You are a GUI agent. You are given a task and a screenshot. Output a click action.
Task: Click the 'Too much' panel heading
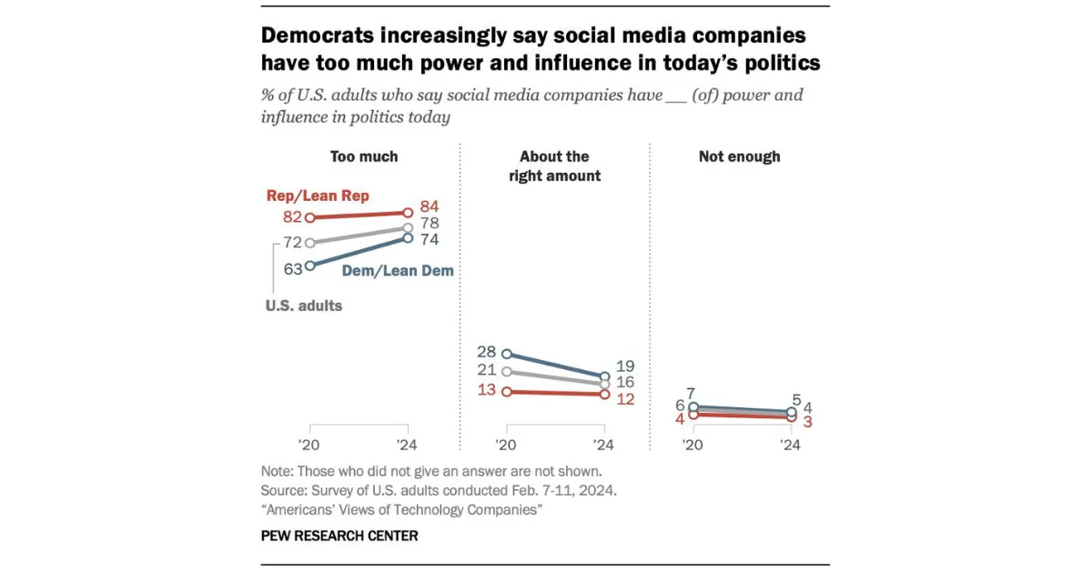pyautogui.click(x=364, y=156)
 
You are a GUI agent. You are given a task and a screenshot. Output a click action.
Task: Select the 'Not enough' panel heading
pyautogui.click(x=739, y=156)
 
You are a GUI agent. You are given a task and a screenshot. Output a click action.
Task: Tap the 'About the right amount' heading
pyautogui.click(x=554, y=165)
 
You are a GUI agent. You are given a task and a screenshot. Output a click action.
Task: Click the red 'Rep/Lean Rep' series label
pyautogui.click(x=318, y=195)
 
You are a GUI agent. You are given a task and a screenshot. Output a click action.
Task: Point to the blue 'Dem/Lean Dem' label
pyautogui.click(x=398, y=270)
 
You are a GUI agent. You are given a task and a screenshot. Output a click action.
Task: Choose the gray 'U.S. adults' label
pyautogui.click(x=304, y=306)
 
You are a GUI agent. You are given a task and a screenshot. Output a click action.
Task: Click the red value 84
pyautogui.click(x=429, y=206)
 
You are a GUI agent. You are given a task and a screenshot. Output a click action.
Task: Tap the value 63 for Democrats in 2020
pyautogui.click(x=293, y=268)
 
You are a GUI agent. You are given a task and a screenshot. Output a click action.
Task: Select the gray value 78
pyautogui.click(x=429, y=223)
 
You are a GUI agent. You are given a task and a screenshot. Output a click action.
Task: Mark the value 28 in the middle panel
pyautogui.click(x=487, y=351)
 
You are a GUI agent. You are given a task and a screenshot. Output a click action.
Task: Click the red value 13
pyautogui.click(x=487, y=390)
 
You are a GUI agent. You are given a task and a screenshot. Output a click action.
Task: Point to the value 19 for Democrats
pyautogui.click(x=625, y=366)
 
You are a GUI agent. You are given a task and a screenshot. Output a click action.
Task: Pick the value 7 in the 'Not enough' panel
pyautogui.click(x=691, y=393)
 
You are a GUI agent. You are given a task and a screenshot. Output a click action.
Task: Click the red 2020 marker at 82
pyautogui.click(x=310, y=218)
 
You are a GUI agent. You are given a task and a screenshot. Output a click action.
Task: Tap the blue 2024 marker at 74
pyautogui.click(x=408, y=237)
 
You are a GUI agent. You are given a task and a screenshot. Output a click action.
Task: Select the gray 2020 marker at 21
pyautogui.click(x=507, y=372)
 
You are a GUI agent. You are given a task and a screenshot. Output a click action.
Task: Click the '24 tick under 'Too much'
pyautogui.click(x=407, y=445)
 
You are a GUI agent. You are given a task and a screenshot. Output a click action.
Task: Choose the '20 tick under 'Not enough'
pyautogui.click(x=692, y=445)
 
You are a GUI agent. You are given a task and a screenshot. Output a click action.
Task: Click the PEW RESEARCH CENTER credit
pyautogui.click(x=339, y=536)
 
